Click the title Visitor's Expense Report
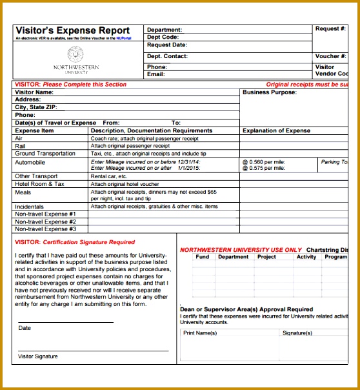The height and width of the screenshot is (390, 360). [72, 31]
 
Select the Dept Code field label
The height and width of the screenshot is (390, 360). [163, 37]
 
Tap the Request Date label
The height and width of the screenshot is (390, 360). [167, 45]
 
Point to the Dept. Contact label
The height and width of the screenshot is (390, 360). [167, 57]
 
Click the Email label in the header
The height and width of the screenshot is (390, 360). [156, 74]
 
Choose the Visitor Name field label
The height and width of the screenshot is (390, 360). [34, 92]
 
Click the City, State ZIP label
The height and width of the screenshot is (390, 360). [41, 107]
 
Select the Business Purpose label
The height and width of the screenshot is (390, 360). [270, 92]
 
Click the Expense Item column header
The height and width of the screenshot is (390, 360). [35, 130]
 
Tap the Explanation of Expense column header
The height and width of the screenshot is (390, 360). [276, 130]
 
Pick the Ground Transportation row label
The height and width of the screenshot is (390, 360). [45, 154]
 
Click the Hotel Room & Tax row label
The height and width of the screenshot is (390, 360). [40, 184]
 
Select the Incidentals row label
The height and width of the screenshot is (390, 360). [30, 207]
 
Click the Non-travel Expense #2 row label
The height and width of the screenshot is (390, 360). [46, 221]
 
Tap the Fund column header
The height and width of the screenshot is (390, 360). [203, 257]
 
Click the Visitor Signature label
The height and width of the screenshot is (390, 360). [38, 356]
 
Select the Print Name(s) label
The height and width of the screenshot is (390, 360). [200, 333]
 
